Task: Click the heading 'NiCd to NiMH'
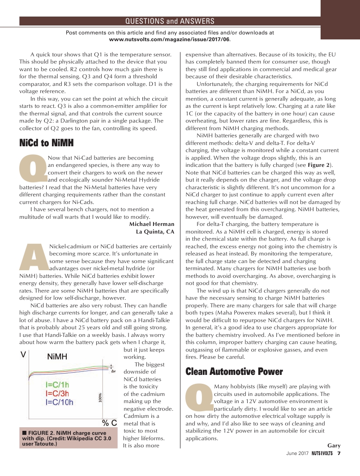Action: coord(46,143)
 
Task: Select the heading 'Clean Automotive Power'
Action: coord(234,371)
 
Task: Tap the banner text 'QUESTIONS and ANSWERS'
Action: coord(170,21)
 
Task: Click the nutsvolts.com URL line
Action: coord(170,39)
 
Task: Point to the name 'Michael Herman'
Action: coord(151,224)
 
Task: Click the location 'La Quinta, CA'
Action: coord(155,231)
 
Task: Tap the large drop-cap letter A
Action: coord(34,257)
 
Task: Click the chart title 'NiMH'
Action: coord(57,357)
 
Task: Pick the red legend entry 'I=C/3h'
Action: coord(57,393)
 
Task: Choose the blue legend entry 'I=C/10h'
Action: coord(60,402)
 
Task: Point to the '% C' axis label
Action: coord(110,423)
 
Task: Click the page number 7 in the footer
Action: coord(339,453)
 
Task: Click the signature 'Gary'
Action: coord(334,446)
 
